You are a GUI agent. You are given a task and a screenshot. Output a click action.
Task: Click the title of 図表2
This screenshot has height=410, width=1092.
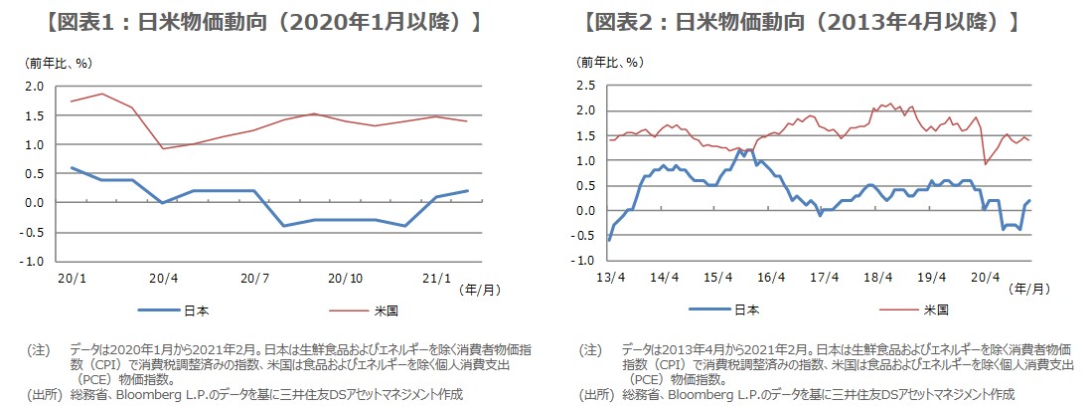point(802,22)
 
